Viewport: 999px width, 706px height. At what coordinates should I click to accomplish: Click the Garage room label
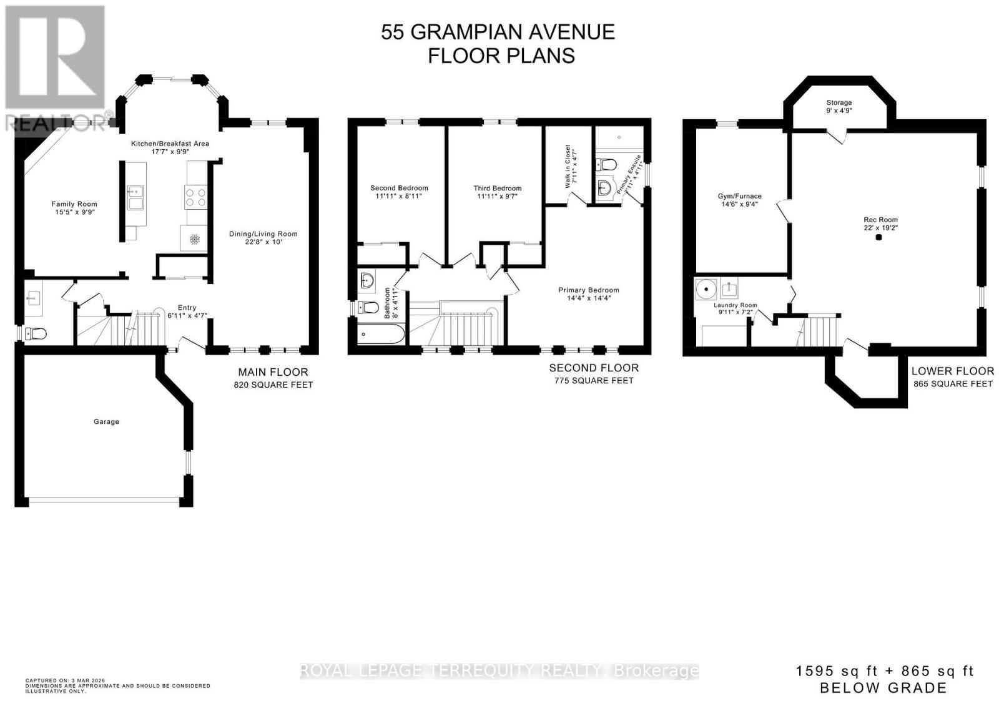[106, 422]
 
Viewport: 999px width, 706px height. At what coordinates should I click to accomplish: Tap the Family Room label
[74, 204]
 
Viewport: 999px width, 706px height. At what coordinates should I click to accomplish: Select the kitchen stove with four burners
[195, 197]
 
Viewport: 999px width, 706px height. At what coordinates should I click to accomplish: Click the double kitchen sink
[135, 197]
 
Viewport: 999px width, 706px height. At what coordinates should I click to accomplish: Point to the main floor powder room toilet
[36, 334]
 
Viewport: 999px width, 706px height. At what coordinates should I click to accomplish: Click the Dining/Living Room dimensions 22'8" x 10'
[263, 242]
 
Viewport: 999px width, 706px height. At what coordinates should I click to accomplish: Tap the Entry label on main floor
[187, 308]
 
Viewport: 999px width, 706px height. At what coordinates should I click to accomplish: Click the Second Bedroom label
[399, 188]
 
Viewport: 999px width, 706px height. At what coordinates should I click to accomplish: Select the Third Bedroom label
[497, 188]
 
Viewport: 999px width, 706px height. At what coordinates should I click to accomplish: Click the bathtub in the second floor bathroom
[381, 336]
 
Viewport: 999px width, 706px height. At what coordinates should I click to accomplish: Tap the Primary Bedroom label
[589, 290]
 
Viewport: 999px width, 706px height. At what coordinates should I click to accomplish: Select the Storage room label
[839, 102]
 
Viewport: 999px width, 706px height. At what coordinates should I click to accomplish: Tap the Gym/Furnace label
[739, 196]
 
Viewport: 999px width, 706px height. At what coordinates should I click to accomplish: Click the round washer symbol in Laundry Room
[706, 290]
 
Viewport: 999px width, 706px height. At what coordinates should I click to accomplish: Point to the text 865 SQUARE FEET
[952, 384]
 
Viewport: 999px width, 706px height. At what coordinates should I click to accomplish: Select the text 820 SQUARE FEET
[273, 385]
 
